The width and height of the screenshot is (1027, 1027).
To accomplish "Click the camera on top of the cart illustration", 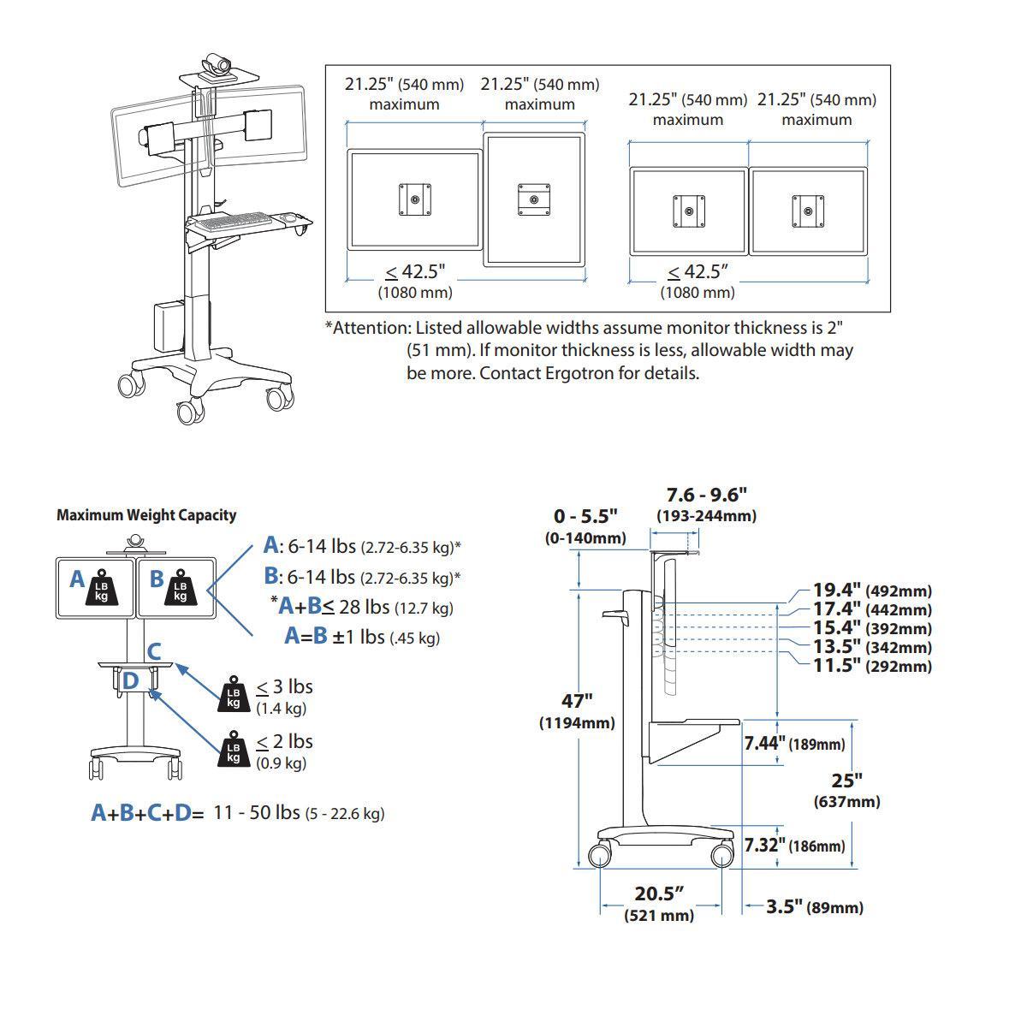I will click(217, 65).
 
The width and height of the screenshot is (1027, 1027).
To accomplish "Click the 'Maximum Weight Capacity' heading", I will click(146, 515).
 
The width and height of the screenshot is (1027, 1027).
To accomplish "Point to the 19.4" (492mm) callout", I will click(871, 591).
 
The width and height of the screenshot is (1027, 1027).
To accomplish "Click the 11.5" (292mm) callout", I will click(871, 666).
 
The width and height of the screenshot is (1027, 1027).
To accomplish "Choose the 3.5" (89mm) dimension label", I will click(814, 907).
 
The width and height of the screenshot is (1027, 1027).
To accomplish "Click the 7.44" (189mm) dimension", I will click(793, 743).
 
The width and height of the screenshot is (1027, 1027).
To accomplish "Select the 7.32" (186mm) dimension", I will click(793, 846).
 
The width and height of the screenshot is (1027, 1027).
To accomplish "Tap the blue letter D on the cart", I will click(130, 681).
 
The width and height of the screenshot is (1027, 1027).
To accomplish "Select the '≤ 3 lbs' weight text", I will click(285, 686).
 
